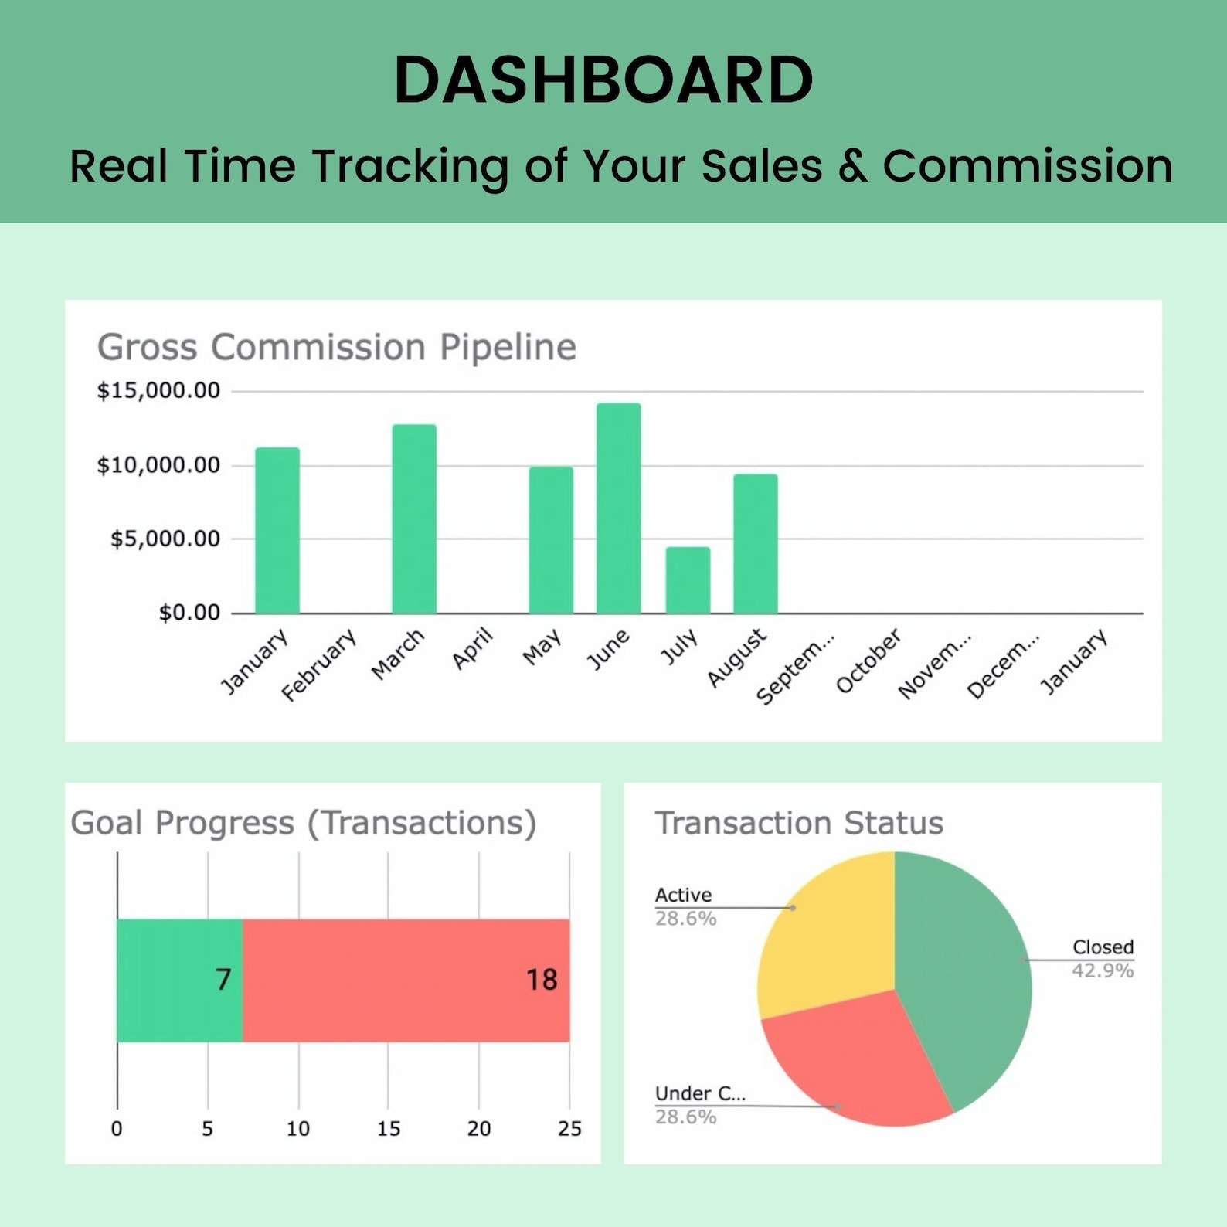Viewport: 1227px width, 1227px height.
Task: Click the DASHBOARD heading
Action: [603, 80]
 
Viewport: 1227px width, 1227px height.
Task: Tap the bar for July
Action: [688, 580]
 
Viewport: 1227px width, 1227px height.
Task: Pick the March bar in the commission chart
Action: [414, 519]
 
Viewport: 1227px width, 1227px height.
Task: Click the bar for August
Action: [756, 544]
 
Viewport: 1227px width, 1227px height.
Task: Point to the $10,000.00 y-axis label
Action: [158, 465]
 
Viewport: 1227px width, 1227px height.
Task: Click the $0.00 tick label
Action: [189, 613]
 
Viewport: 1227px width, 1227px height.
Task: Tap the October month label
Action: [868, 661]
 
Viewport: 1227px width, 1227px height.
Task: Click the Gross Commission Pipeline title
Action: [337, 347]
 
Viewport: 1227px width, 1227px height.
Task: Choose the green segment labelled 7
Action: [179, 980]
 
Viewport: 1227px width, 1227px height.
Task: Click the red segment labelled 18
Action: [406, 980]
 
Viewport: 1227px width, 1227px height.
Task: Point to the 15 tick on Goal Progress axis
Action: [389, 1129]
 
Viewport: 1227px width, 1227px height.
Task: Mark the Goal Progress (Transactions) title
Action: [303, 823]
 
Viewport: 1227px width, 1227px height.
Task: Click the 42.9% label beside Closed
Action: [1103, 970]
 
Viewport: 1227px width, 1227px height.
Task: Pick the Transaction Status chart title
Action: [799, 823]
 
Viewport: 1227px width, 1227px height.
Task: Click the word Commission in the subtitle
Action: [1028, 165]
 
